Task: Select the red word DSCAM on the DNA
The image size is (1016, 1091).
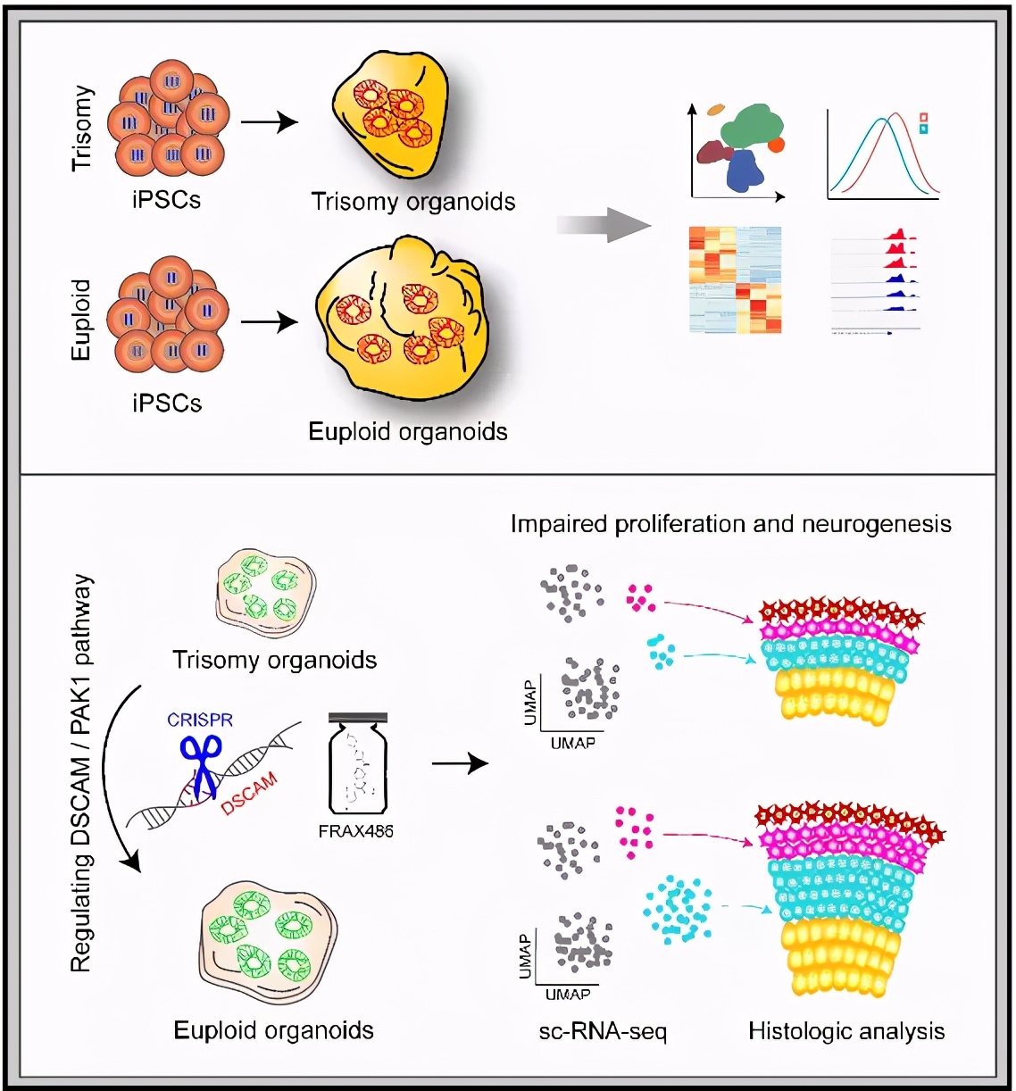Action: pyautogui.click(x=249, y=794)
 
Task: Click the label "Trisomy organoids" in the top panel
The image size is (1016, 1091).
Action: pyautogui.click(x=412, y=202)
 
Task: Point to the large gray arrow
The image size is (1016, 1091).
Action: pyautogui.click(x=604, y=224)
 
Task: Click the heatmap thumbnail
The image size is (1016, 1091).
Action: pyautogui.click(x=735, y=279)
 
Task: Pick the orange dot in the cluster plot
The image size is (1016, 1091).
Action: pyautogui.click(x=776, y=144)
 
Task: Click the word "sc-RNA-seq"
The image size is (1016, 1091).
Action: pyautogui.click(x=603, y=1032)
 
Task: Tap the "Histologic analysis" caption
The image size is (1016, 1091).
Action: pyautogui.click(x=845, y=1031)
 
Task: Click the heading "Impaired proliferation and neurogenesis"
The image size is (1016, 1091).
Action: pyautogui.click(x=730, y=524)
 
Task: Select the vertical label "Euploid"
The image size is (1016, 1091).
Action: pyautogui.click(x=81, y=320)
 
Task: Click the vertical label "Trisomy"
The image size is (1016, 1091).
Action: pyautogui.click(x=82, y=128)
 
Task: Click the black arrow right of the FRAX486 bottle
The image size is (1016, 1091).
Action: pyautogui.click(x=460, y=763)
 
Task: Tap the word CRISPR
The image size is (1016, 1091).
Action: pyautogui.click(x=200, y=720)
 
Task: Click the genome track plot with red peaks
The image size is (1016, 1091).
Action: pyautogui.click(x=875, y=281)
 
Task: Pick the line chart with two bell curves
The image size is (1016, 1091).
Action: pyautogui.click(x=883, y=154)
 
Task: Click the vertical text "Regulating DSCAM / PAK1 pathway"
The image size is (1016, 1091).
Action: pyautogui.click(x=81, y=772)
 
